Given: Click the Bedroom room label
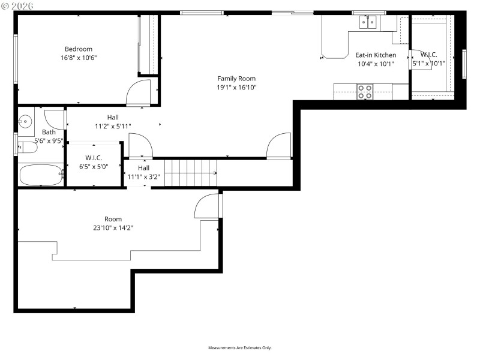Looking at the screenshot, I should tap(79, 49).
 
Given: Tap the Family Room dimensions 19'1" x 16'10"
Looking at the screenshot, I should tap(236, 87).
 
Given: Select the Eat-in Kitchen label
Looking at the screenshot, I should tap(376, 55).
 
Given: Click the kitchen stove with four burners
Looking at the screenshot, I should tap(365, 92).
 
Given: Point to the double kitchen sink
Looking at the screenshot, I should tap(368, 23).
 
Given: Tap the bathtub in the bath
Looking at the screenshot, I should tap(41, 175).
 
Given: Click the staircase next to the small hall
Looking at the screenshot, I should tap(190, 173).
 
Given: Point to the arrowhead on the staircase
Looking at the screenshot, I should tap(214, 173).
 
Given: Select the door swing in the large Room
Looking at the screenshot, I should tap(208, 206).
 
